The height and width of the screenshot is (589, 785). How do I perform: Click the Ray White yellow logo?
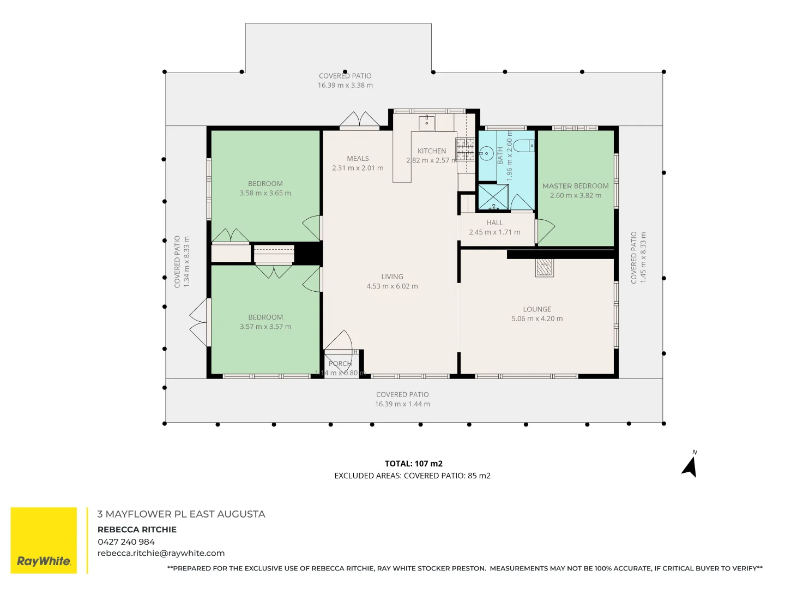click(44, 540)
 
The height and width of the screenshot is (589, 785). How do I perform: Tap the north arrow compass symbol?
click(690, 467)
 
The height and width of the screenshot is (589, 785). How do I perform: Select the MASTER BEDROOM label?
click(575, 186)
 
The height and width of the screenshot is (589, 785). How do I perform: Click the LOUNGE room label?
click(537, 309)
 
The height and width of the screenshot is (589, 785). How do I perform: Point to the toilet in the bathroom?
click(524, 146)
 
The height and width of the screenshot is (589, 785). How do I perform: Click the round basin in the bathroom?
click(486, 153)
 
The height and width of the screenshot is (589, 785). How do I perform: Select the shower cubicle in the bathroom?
click(493, 197)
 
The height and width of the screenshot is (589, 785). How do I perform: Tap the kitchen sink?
click(426, 122)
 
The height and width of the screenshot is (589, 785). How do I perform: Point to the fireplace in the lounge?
click(544, 267)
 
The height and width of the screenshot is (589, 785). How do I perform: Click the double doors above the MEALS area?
click(360, 121)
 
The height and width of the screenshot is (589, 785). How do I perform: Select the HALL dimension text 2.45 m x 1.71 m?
click(494, 232)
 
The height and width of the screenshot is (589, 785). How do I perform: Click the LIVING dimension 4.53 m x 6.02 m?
click(392, 286)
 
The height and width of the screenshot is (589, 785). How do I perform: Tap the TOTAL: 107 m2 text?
click(413, 464)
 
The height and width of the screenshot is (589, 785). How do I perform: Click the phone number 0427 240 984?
click(126, 542)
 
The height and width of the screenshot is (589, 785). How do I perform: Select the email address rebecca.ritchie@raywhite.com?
click(161, 553)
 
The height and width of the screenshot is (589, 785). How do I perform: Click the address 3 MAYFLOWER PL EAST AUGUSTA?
click(181, 514)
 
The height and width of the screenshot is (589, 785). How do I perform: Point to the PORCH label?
click(340, 364)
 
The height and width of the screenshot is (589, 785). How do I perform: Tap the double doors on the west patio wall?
click(199, 322)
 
